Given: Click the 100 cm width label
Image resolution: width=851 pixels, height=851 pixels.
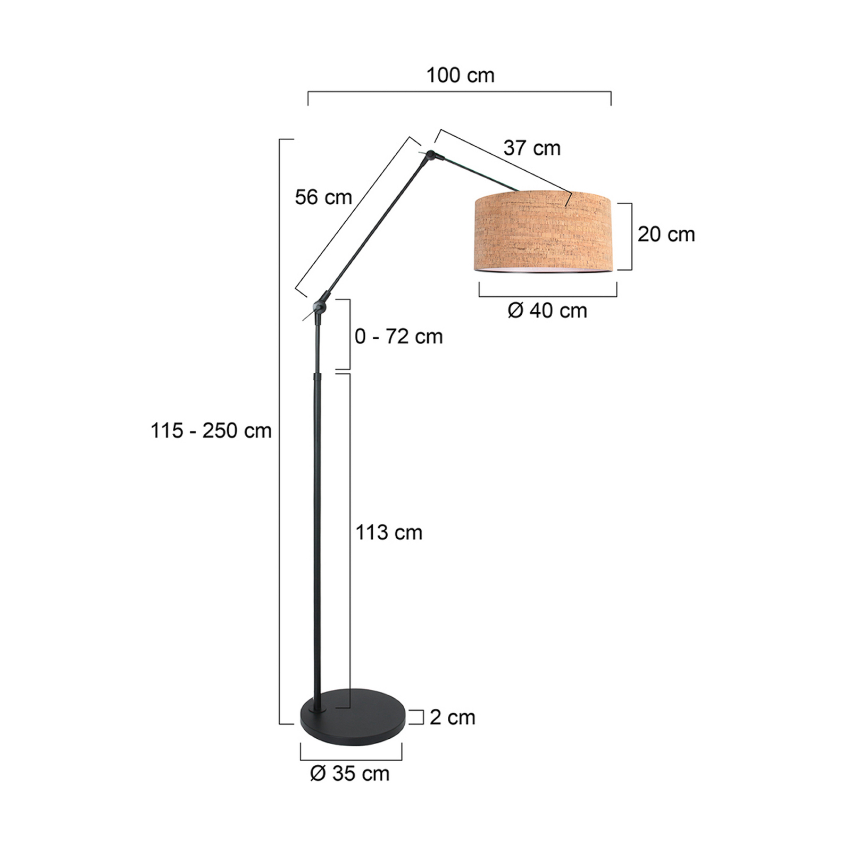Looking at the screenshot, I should point(460,76).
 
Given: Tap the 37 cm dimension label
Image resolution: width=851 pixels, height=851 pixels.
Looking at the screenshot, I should point(532,148).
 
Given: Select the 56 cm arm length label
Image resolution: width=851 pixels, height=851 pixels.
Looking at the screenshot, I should point(323,197).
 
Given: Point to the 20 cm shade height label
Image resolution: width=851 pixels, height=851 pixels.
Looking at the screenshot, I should point(666,234).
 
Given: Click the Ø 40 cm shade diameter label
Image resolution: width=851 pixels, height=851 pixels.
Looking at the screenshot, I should point(547,311).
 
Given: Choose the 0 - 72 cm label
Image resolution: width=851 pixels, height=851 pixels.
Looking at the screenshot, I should point(398,337).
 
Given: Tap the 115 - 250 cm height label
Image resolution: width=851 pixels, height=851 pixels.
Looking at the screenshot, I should point(211,431).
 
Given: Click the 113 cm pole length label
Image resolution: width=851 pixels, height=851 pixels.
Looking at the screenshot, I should point(389,532).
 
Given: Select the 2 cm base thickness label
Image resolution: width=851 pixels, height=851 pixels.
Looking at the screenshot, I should point(452,717).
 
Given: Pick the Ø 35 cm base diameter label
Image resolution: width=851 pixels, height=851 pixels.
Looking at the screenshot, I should point(349,774).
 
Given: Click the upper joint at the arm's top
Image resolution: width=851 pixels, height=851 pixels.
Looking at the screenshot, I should point(430,155).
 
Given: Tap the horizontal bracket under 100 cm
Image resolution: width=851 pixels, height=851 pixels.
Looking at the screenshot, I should point(460,93).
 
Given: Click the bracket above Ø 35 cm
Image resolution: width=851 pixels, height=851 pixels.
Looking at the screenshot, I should point(351,759).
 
